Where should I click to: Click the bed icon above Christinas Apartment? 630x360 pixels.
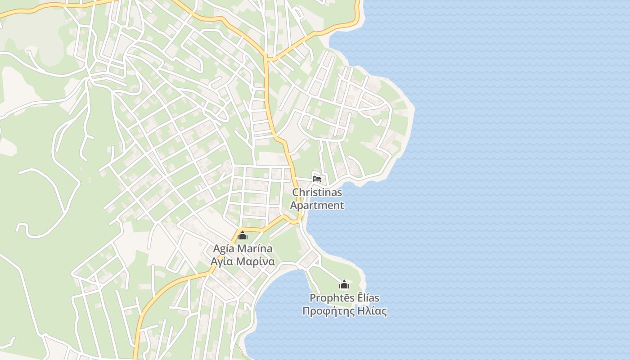(317, 179)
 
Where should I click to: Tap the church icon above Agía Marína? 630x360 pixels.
(243, 235)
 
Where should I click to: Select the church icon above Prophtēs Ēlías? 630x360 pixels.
(344, 284)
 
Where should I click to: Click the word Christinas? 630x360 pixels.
(317, 193)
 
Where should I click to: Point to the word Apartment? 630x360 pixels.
(317, 206)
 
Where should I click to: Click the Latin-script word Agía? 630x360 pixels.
(224, 249)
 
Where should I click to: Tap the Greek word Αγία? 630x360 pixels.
(222, 261)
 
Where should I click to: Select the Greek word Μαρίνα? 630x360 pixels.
(255, 261)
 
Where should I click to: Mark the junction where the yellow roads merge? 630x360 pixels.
(268, 59)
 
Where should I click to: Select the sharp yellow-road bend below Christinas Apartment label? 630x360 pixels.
(298, 220)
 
